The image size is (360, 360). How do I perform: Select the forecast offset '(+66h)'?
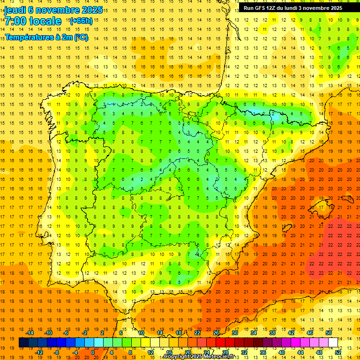(81, 21)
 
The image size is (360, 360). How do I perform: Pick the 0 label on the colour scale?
(93, 352)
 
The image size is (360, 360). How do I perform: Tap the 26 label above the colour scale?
(216, 333)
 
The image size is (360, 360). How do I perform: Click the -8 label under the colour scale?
(57, 352)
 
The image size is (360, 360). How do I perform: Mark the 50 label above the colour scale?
(329, 333)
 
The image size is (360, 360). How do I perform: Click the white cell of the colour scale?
(333, 342)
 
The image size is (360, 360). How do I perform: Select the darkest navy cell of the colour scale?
(23, 342)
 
